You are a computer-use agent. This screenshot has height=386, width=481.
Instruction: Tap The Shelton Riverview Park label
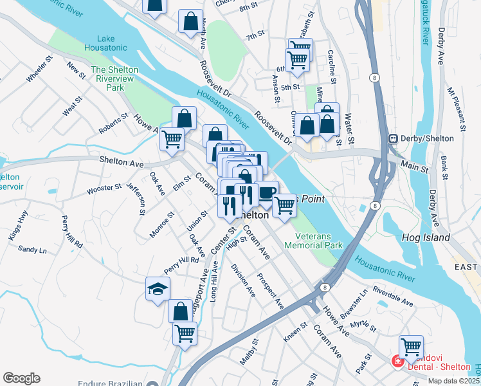(114, 78)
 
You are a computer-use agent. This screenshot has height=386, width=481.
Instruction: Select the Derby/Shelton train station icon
(392, 138)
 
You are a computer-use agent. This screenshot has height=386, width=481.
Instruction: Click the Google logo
(21, 378)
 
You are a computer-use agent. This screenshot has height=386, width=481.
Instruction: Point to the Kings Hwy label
(18, 226)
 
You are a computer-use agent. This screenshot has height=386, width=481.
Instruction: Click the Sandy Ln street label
(32, 249)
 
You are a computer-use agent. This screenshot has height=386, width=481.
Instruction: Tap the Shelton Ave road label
(121, 163)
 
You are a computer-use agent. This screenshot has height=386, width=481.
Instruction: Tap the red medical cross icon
(397, 362)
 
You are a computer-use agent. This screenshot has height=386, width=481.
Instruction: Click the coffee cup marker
(267, 192)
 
